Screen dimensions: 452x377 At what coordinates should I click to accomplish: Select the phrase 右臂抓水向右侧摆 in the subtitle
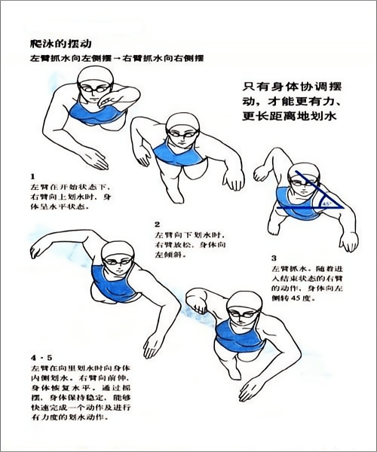(164, 58)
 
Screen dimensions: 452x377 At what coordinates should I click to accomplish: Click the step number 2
(157, 224)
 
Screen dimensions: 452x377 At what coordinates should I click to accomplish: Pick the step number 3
(274, 258)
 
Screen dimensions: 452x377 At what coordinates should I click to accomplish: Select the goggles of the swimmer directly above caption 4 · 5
(117, 261)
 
